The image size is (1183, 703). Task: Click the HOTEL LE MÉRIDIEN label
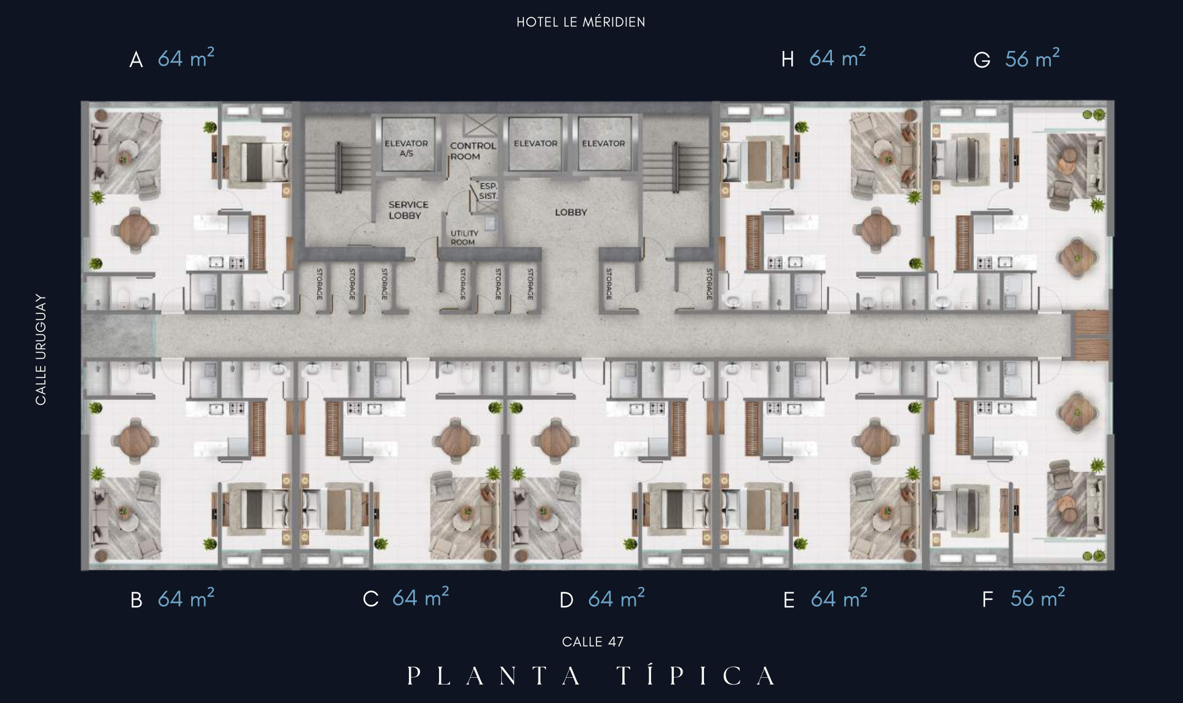tap(580, 22)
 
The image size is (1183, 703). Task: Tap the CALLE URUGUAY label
tap(41, 349)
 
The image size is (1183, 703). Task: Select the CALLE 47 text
tap(593, 642)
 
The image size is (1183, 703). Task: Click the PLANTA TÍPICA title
tap(591, 675)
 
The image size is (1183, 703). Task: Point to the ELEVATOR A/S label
tap(406, 148)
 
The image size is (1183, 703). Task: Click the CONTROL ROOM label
tap(472, 151)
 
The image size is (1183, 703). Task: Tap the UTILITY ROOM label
tap(464, 237)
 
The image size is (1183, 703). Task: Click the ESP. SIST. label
tap(488, 190)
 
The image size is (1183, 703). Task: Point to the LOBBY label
tap(571, 212)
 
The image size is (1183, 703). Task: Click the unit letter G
tap(982, 60)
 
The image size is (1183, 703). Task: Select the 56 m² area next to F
tap(1037, 597)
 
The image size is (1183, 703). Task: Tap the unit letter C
tap(371, 599)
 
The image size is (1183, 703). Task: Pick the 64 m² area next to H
tap(837, 57)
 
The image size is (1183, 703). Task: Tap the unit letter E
tap(789, 600)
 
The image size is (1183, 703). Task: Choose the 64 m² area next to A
tap(186, 58)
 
